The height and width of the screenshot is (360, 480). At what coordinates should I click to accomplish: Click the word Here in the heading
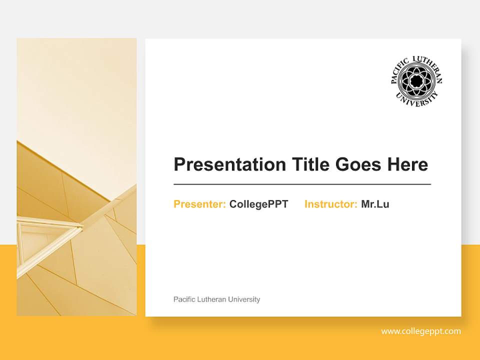pyautogui.click(x=407, y=164)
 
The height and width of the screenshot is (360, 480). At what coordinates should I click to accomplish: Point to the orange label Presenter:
pyautogui.click(x=199, y=204)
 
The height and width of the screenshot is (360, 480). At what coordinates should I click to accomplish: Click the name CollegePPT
pyautogui.click(x=258, y=204)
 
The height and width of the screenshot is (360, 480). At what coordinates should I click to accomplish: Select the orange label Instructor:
pyautogui.click(x=330, y=204)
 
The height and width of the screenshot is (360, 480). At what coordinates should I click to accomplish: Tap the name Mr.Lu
pyautogui.click(x=375, y=204)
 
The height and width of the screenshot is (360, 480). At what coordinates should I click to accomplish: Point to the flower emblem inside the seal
pyautogui.click(x=416, y=80)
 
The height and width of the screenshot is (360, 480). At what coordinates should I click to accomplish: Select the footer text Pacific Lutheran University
pyautogui.click(x=216, y=299)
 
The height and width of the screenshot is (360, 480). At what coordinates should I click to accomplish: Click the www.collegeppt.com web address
pyautogui.click(x=421, y=331)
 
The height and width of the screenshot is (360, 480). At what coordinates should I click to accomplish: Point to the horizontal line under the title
pyautogui.click(x=302, y=184)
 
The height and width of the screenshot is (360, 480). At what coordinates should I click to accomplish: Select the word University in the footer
pyautogui.click(x=244, y=299)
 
